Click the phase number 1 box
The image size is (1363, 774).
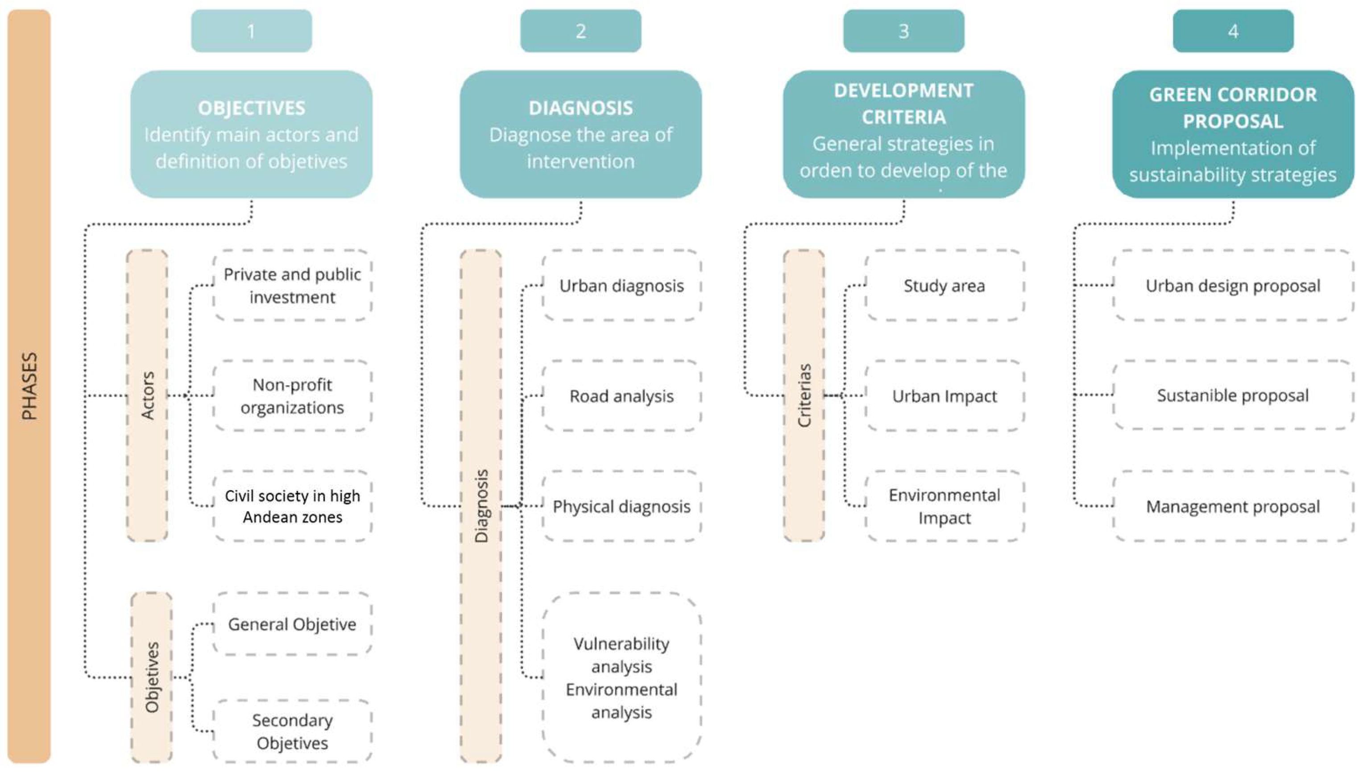tap(251, 31)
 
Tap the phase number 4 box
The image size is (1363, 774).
tap(1233, 31)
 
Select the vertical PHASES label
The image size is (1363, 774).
tap(29, 386)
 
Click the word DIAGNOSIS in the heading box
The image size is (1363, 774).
tap(580, 108)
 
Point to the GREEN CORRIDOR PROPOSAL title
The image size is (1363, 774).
tap(1233, 108)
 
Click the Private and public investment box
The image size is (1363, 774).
tap(292, 286)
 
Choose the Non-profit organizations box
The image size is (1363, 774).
tap(292, 396)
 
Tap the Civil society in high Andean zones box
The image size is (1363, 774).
tap(292, 506)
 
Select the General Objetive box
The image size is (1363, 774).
tap(292, 624)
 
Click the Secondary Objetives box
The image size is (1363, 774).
tap(292, 732)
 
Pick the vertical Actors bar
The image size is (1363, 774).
tap(147, 395)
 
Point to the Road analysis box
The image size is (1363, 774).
tap(621, 396)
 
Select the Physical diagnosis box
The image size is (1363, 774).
tap(621, 506)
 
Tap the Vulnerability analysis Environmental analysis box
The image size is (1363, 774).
tap(621, 678)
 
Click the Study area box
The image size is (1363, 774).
tap(945, 286)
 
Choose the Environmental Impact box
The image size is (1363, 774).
tap(945, 506)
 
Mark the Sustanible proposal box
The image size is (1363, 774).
tap(1233, 395)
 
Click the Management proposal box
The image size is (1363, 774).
tap(1233, 506)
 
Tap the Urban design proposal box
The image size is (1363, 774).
tap(1233, 286)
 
